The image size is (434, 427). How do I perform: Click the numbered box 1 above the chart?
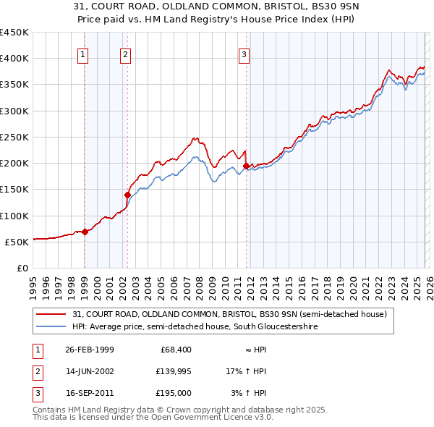coord(83,54)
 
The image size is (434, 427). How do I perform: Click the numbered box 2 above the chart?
coord(125,54)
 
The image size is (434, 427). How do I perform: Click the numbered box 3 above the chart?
coord(244,54)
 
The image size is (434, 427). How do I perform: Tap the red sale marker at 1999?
coord(85,232)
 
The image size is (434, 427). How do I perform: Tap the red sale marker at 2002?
coord(127,194)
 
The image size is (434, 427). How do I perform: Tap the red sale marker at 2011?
coord(246,166)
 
